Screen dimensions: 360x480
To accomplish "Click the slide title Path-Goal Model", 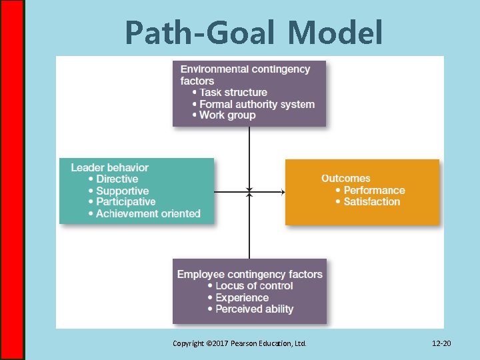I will (253, 32).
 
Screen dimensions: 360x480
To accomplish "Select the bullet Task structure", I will (233, 93).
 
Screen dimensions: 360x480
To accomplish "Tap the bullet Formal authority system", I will (257, 104).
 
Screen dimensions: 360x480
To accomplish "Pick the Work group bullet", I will (227, 115).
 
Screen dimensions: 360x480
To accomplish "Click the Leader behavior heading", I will (109, 167).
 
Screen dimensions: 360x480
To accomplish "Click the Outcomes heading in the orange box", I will (345, 178).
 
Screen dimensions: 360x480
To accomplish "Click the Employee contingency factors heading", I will (249, 274).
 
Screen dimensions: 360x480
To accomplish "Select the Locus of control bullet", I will (254, 286).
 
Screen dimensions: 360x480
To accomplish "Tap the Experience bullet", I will (242, 298).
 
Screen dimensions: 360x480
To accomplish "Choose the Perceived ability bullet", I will (254, 309).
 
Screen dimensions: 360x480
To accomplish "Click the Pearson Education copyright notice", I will (239, 343).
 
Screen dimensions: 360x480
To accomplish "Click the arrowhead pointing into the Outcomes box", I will (283, 192).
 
